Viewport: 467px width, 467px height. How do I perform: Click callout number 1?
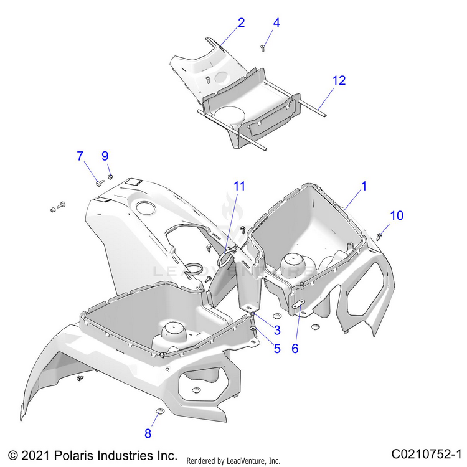click(364, 186)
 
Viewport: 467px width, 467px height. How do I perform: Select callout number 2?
click(241, 22)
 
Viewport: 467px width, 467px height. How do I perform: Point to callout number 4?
click(276, 22)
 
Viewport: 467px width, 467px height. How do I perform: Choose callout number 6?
click(295, 349)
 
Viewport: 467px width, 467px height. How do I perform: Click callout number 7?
click(80, 156)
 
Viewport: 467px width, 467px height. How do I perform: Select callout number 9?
click(105, 156)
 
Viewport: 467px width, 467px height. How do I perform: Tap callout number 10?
click(397, 215)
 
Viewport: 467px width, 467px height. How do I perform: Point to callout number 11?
click(240, 186)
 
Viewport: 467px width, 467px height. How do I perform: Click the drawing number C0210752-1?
click(427, 453)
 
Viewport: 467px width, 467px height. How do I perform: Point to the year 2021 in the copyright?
click(32, 454)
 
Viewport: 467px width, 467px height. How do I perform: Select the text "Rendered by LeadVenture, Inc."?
click(233, 461)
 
